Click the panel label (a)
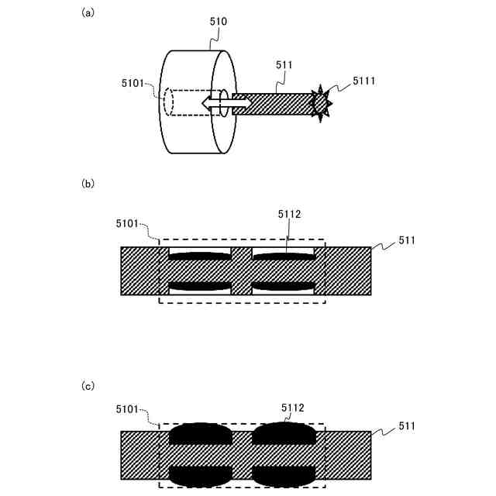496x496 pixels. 88,12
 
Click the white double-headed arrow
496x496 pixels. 226,102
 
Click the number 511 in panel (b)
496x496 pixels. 407,240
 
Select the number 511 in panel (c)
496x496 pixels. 407,425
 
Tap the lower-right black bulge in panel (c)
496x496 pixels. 284,474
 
